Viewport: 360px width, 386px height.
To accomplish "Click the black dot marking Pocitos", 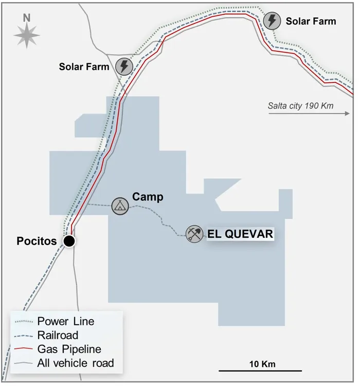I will (69, 241).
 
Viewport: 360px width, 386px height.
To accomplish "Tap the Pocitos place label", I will (37, 241).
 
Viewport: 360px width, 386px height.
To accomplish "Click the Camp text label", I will (148, 197).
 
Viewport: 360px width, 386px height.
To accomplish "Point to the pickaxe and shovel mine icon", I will (194, 234).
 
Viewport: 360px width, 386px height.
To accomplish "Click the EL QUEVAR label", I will (240, 234).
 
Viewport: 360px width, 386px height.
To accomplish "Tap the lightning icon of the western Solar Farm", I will (123, 66).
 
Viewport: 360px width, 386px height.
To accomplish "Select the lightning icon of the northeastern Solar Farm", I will (272, 21).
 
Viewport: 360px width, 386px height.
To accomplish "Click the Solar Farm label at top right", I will (311, 21).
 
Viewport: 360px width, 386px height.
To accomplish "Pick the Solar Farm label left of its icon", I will (84, 66).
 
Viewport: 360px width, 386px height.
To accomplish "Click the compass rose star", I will (27, 36).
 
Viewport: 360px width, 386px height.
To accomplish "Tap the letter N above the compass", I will (27, 17).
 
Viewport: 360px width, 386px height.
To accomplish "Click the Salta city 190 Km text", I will (300, 107).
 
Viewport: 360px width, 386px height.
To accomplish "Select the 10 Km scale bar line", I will (260, 371).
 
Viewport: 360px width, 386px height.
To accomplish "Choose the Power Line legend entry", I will (65, 321).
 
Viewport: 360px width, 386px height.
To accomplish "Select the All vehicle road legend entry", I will (75, 363).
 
